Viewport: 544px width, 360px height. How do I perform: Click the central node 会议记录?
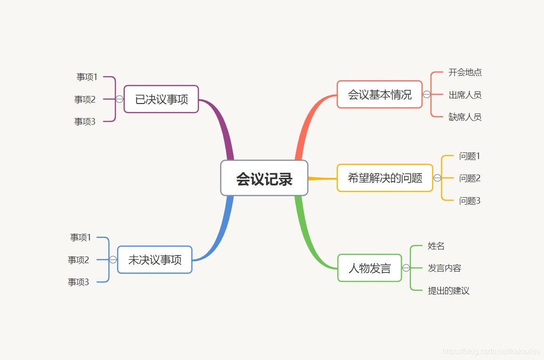click(x=264, y=178)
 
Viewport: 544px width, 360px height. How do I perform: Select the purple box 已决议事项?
click(x=161, y=99)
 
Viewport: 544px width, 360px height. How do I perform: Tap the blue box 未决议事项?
click(x=154, y=260)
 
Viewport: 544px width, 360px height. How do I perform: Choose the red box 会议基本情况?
click(x=379, y=95)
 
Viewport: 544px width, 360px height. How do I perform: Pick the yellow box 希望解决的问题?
click(x=385, y=178)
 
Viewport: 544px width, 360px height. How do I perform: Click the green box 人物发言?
click(x=369, y=268)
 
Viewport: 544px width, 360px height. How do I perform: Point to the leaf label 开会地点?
click(x=465, y=72)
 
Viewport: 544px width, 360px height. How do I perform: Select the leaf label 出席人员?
click(x=465, y=95)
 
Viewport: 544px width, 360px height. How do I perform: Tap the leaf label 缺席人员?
click(x=465, y=117)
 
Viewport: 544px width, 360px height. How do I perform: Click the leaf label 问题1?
click(x=470, y=156)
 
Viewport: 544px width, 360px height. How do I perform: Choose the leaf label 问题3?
click(x=470, y=201)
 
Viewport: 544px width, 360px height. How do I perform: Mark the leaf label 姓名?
click(x=436, y=246)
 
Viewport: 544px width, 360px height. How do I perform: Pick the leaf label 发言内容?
click(x=444, y=268)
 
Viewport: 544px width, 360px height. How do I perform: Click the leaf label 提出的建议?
click(x=448, y=291)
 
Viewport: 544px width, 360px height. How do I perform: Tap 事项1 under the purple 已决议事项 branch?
click(x=87, y=77)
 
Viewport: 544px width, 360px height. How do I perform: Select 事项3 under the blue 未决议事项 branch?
click(x=78, y=282)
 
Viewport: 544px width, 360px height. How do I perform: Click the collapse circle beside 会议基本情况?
click(x=427, y=95)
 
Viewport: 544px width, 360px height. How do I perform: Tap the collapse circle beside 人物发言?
click(x=406, y=268)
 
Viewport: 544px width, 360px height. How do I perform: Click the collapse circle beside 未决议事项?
click(x=113, y=260)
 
